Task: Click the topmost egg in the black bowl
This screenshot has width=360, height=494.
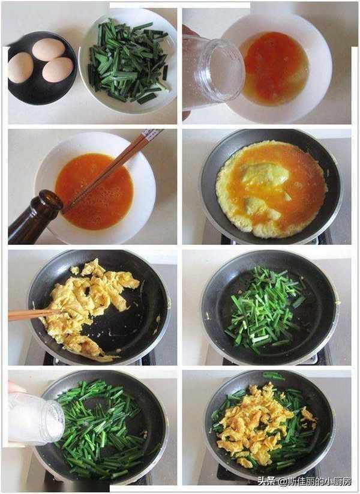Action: [x=49, y=49]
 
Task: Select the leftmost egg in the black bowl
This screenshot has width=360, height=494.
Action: [x=20, y=67]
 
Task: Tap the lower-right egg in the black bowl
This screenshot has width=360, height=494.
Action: [x=58, y=70]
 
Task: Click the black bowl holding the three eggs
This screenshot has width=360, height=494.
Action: [x=42, y=68]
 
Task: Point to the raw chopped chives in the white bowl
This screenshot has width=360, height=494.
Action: [x=128, y=61]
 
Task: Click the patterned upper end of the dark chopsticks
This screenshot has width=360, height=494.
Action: [x=152, y=134]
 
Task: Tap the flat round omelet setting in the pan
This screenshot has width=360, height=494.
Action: [x=271, y=189]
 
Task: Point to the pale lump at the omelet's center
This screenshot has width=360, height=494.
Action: [x=265, y=174]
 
